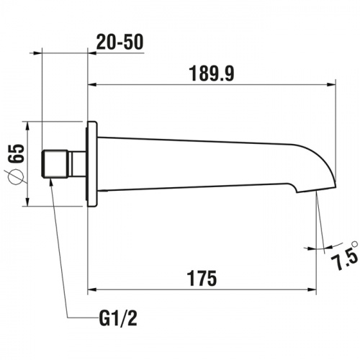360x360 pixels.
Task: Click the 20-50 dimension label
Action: coord(120,42)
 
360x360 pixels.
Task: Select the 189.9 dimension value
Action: coord(212,73)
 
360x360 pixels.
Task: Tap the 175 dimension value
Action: coord(202,279)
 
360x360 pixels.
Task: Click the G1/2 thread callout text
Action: coord(118,318)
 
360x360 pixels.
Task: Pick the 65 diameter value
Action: coord(17,153)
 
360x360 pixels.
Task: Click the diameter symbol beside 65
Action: coord(16,177)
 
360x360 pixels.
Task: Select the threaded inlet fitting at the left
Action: coord(55,164)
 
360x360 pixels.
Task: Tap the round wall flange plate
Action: coord(92,164)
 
